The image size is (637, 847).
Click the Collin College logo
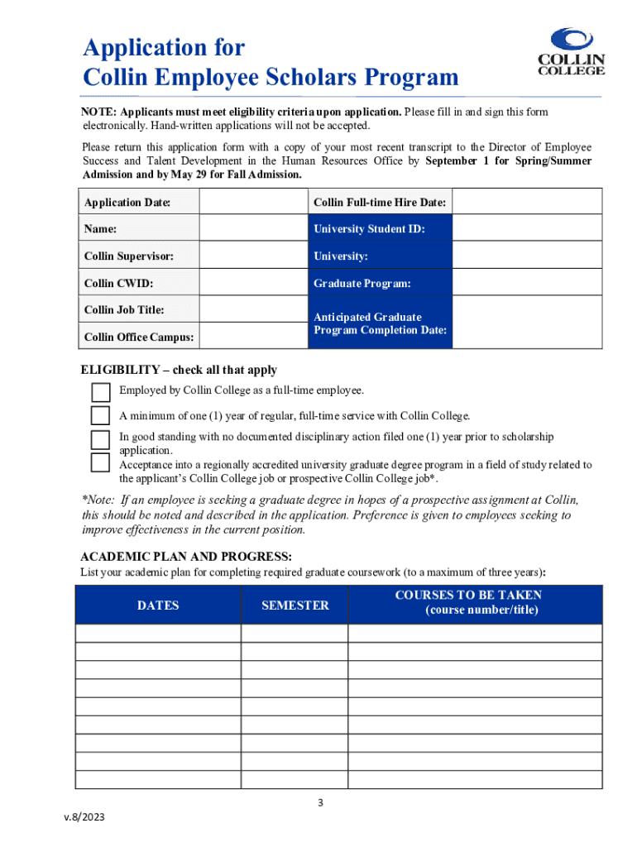(x=571, y=52)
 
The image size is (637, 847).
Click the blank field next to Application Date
(x=251, y=202)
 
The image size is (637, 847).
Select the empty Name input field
(x=251, y=228)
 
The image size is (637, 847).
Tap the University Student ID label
(x=369, y=229)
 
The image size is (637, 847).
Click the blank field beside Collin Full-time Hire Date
(x=527, y=202)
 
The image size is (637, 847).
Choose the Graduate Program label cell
(x=362, y=283)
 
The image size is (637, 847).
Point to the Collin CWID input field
(x=251, y=283)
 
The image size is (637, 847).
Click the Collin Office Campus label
(x=140, y=337)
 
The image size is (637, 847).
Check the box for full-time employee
(x=100, y=391)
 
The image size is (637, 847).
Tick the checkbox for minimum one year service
(x=100, y=415)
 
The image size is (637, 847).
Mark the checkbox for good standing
(x=100, y=439)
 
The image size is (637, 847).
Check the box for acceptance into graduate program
(x=100, y=462)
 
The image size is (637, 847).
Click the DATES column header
(x=158, y=605)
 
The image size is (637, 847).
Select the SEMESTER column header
(x=295, y=605)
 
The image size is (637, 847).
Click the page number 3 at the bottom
(x=318, y=802)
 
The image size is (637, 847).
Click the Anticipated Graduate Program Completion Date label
(x=380, y=323)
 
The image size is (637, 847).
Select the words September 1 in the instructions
(x=458, y=161)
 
